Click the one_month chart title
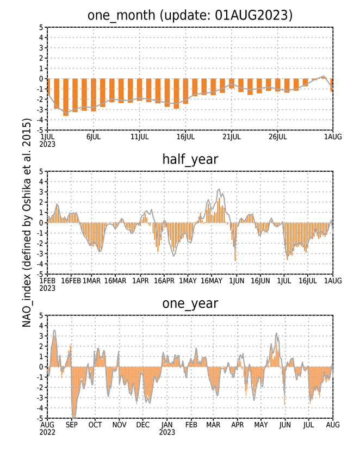190,15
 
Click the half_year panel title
190,160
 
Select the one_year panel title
190,303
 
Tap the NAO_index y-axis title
27,223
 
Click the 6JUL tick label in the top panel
94,136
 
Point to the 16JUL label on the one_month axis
185,136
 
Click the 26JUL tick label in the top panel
278,136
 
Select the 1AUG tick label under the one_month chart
333,136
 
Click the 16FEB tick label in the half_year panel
71,281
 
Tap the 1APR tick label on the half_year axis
141,281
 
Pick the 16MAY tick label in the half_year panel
212,281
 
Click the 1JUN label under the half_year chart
237,281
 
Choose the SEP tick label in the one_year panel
72,425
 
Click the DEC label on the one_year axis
143,425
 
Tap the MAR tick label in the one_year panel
213,425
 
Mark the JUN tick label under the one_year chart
285,425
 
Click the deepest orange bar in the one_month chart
66,97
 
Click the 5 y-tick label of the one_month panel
41,27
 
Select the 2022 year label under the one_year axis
47,432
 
